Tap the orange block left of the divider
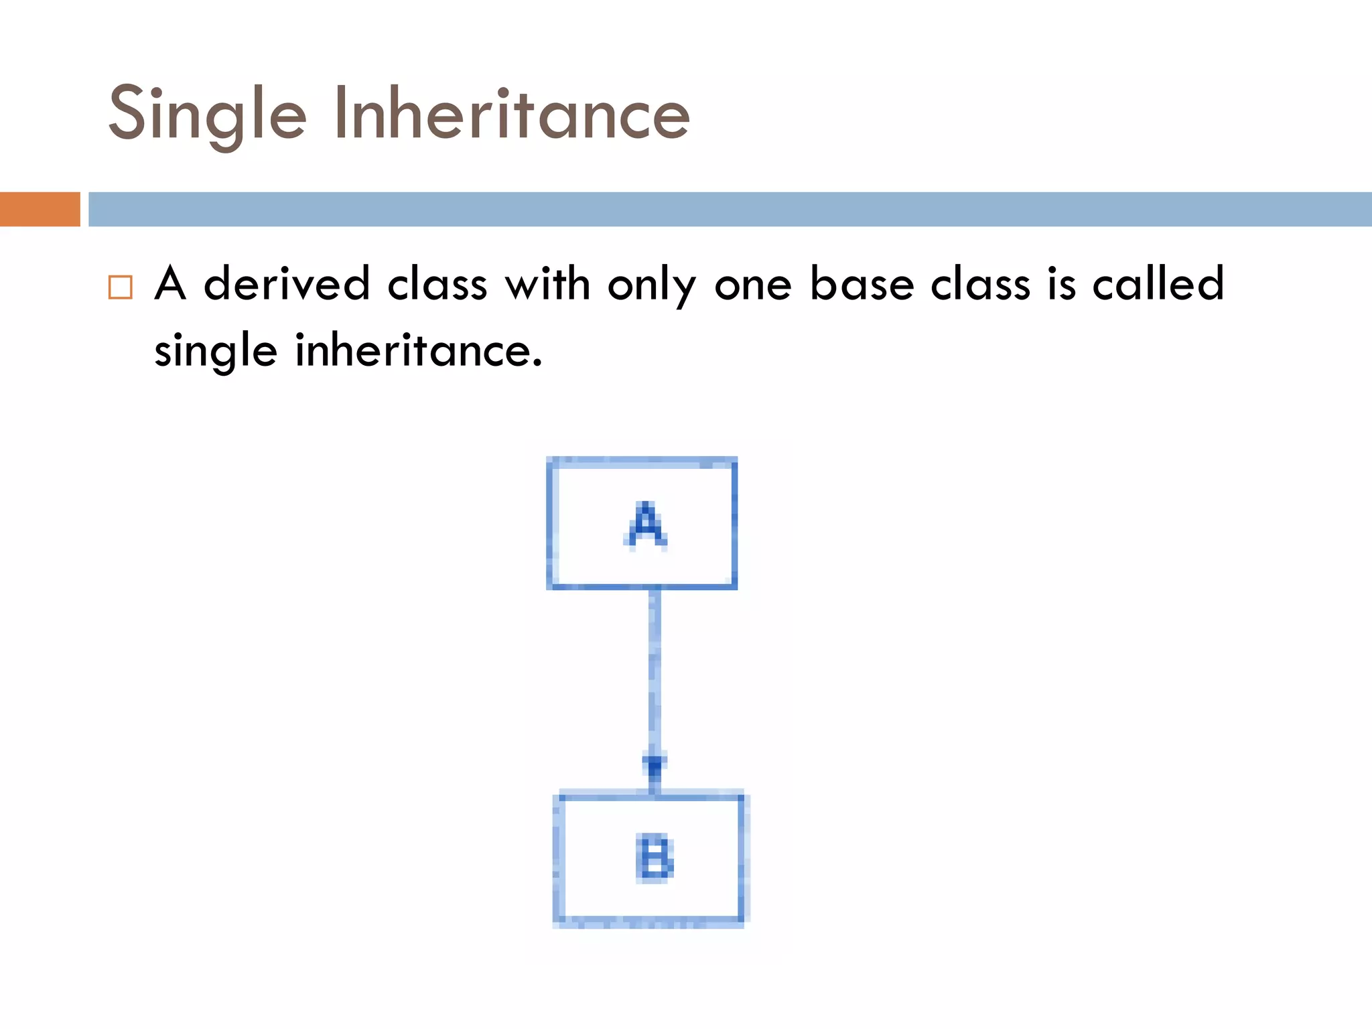[x=40, y=209]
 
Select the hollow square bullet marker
[x=121, y=287]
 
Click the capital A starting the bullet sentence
[x=170, y=283]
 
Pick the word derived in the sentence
[x=287, y=283]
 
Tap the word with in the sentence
[x=547, y=283]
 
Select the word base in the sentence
[x=862, y=283]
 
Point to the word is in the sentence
[x=1061, y=283]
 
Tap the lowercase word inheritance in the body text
[x=418, y=350]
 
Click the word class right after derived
[x=437, y=283]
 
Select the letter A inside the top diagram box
[x=645, y=525]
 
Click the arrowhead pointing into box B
[x=654, y=765]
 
